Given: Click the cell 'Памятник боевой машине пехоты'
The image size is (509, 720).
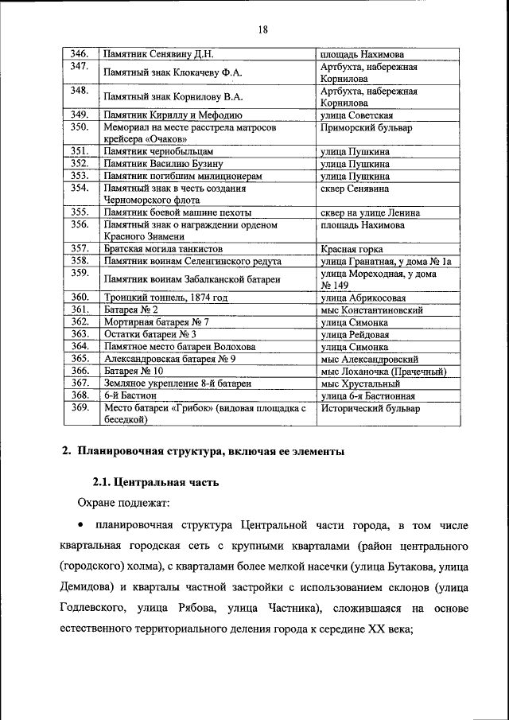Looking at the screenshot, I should tap(177, 212).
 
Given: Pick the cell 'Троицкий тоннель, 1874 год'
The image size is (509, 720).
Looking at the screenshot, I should tap(165, 298).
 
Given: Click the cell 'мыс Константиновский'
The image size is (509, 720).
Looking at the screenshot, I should tap(371, 309).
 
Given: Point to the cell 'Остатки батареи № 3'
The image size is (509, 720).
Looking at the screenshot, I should tap(150, 334).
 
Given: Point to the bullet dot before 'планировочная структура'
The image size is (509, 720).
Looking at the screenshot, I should tap(80, 526).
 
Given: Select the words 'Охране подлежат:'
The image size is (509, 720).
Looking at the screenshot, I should tap(119, 503).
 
